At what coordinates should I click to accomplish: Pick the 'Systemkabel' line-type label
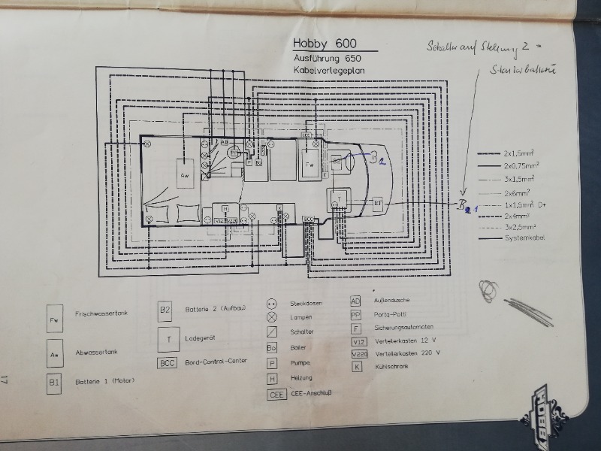525,238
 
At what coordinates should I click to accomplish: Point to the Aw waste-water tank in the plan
184,174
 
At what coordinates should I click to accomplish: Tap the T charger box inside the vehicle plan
339,198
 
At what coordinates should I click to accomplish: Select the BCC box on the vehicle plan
308,219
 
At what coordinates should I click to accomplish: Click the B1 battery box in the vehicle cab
378,203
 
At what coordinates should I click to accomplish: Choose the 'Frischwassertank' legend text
98,313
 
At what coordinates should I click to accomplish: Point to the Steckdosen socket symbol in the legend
272,303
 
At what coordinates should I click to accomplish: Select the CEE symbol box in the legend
276,394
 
